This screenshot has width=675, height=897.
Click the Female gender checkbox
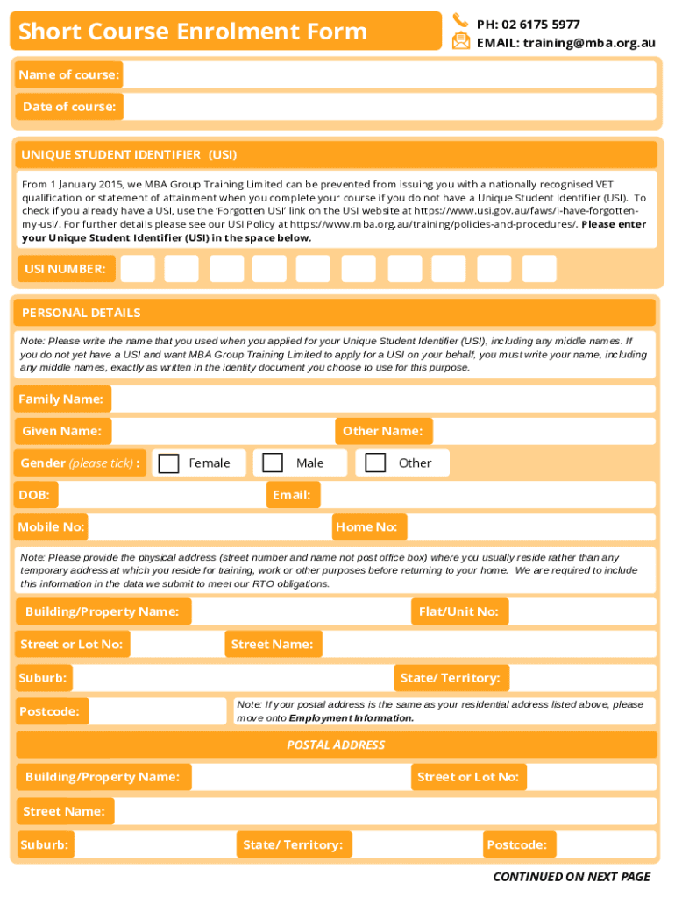(169, 463)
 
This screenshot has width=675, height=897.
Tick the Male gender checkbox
(274, 463)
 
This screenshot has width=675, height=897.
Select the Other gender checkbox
(375, 463)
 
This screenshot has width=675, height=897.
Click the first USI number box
(138, 269)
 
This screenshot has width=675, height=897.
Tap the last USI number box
(539, 269)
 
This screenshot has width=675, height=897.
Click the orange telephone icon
(460, 21)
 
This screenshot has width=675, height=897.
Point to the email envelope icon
(461, 41)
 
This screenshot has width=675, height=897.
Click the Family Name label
(61, 399)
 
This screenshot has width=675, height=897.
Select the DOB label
(35, 495)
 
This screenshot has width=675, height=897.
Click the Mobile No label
(52, 526)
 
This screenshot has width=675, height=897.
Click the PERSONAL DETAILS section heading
(81, 313)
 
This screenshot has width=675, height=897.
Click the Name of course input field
(389, 75)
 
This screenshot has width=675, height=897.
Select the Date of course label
(69, 107)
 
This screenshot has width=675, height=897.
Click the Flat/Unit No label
(458, 611)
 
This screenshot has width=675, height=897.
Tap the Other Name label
(382, 431)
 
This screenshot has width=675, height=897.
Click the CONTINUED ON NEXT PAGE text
(572, 876)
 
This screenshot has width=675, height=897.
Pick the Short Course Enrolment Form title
(193, 32)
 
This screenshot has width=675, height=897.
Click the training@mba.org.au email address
(589, 42)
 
